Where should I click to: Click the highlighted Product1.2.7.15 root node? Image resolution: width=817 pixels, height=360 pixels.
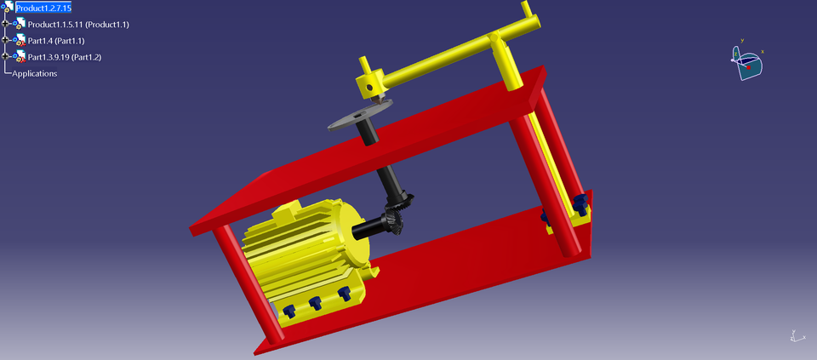pyautogui.click(x=49, y=8)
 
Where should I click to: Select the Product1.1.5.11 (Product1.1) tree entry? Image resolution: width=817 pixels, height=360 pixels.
pyautogui.click(x=77, y=24)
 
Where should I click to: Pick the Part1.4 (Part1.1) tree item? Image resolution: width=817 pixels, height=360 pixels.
pyautogui.click(x=56, y=41)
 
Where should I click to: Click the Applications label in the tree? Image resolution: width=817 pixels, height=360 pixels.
pyautogui.click(x=34, y=73)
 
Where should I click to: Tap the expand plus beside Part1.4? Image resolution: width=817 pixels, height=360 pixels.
pyautogui.click(x=5, y=40)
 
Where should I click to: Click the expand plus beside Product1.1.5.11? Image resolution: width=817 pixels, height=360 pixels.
pyautogui.click(x=5, y=24)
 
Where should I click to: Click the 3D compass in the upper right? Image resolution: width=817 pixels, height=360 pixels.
pyautogui.click(x=747, y=61)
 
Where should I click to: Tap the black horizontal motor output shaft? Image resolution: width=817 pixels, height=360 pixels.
pyautogui.click(x=369, y=228)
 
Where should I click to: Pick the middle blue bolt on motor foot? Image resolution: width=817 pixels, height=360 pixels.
pyautogui.click(x=316, y=302)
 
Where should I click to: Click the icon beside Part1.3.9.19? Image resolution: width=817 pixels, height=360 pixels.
pyautogui.click(x=19, y=57)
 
